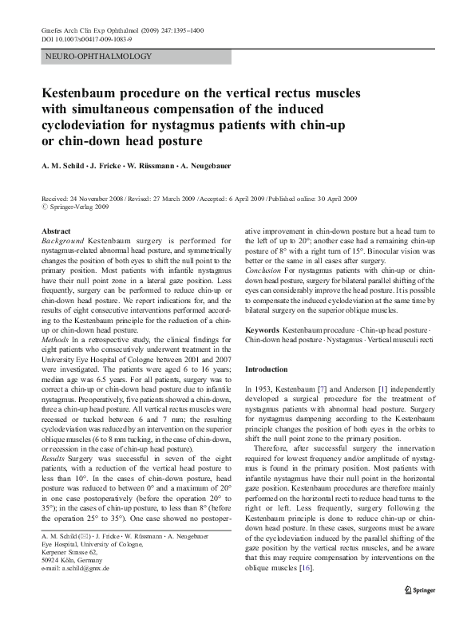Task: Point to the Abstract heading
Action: (56, 231)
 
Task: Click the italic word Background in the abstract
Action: (63, 239)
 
